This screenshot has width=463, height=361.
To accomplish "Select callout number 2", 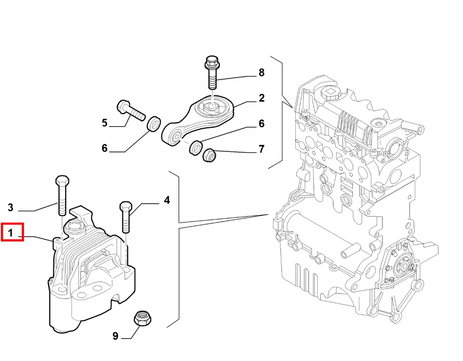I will [x=261, y=98].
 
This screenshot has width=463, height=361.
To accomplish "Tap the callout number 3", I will [x=11, y=208].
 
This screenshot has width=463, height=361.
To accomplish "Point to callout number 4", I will [x=166, y=200].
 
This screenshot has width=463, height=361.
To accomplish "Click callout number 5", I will [x=105, y=123].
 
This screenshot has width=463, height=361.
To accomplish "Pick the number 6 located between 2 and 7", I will [x=261, y=124].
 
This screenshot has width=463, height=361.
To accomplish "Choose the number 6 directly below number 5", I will [x=105, y=148].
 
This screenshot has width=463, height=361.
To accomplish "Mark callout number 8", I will [x=261, y=73].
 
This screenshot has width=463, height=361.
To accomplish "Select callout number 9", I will [x=115, y=335].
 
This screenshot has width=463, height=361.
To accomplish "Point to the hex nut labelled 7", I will [x=209, y=155].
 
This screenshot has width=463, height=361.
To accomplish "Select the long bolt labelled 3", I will [x=61, y=195].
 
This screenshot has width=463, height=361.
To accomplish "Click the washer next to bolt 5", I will [x=154, y=124].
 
